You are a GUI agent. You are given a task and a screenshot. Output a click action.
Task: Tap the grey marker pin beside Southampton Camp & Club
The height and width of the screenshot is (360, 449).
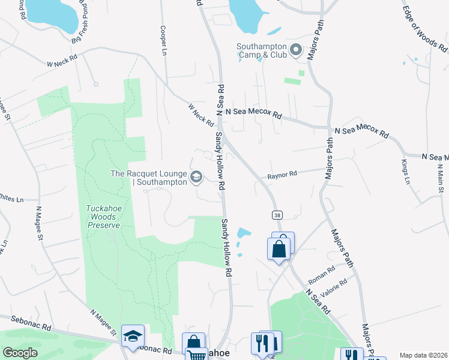click(295, 50)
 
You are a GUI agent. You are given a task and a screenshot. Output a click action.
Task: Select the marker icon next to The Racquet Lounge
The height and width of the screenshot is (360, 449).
click(196, 177)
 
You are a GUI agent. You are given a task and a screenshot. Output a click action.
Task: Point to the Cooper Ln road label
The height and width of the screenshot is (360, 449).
click(163, 40)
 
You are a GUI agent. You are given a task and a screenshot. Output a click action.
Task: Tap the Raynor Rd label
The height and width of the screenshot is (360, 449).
click(283, 175)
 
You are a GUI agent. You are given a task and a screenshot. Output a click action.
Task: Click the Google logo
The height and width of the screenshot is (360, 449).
click(20, 352)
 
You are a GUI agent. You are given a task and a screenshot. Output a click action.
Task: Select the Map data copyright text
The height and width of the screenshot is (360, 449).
click(423, 355)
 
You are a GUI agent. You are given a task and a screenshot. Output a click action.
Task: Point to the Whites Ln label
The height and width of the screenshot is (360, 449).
click(11, 198)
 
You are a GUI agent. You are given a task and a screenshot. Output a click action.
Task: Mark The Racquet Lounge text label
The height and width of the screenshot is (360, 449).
click(149, 178)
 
